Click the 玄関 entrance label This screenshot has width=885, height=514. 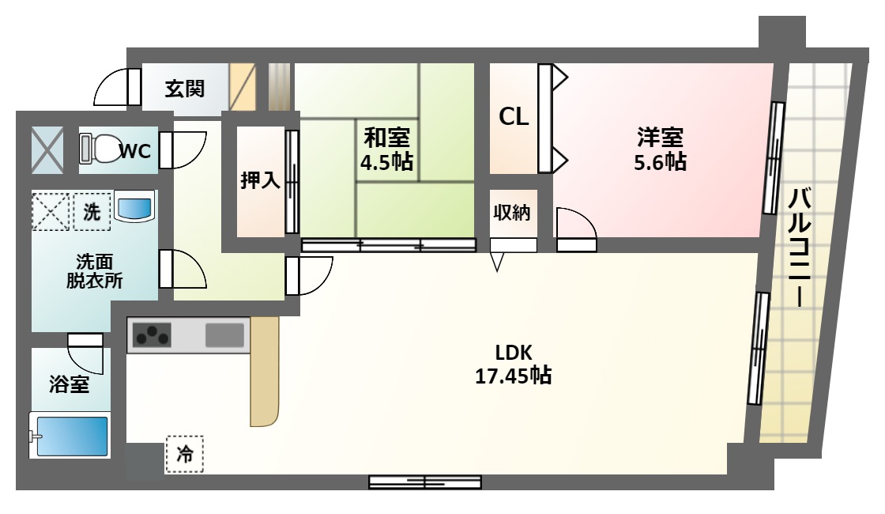click(x=185, y=89)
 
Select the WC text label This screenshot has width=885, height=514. click(x=135, y=151)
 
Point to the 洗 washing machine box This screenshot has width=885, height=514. click(x=92, y=212)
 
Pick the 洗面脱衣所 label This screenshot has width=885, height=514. click(x=94, y=271)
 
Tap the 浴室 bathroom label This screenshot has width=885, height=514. click(x=69, y=384)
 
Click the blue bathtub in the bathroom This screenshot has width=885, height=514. click(x=69, y=436)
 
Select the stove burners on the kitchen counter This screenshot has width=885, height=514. click(x=151, y=334)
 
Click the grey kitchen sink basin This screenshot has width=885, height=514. click(x=224, y=335)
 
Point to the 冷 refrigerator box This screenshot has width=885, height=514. click(x=185, y=454)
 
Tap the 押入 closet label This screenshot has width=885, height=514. click(x=260, y=180)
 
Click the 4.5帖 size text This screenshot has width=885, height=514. click(x=386, y=162)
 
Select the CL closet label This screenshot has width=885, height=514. click(x=514, y=117)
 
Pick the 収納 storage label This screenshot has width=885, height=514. click(x=512, y=213)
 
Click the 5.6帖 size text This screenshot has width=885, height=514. click(x=661, y=162)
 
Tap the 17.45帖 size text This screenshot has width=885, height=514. click(x=513, y=376)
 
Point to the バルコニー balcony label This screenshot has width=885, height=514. click(x=799, y=248)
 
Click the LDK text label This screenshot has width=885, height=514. click(x=514, y=353)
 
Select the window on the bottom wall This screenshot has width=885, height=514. click(x=425, y=482)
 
